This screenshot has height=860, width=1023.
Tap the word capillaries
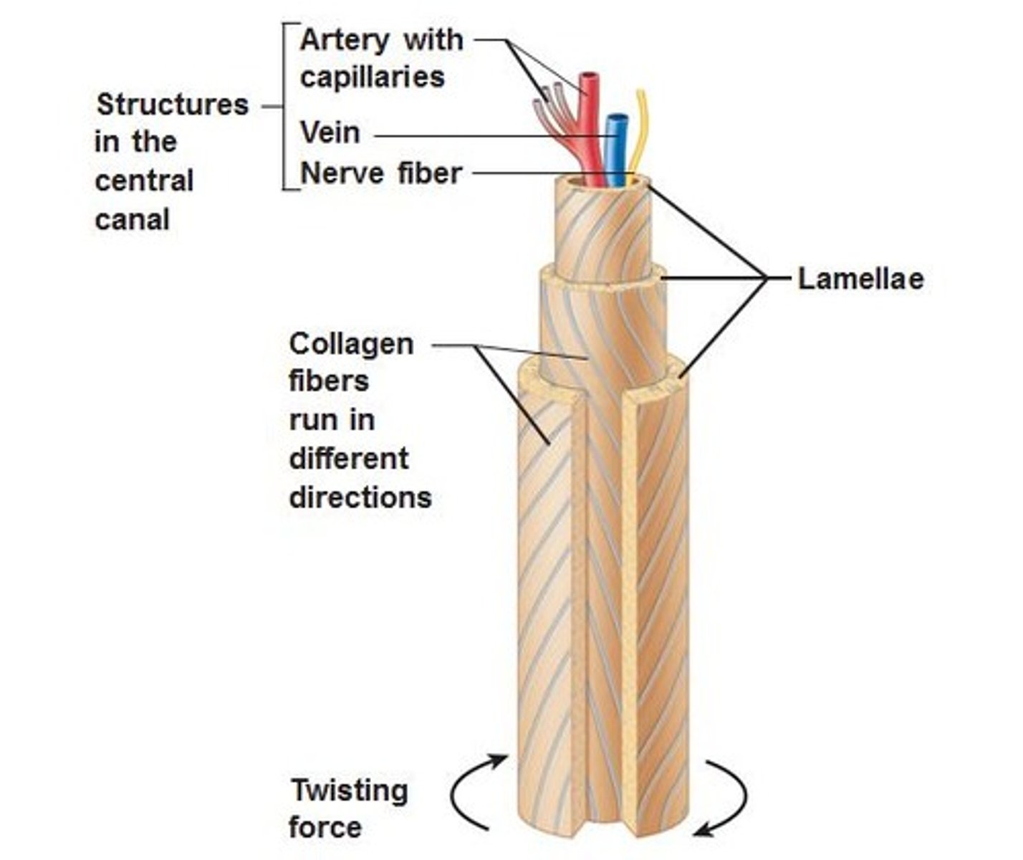[x=372, y=77]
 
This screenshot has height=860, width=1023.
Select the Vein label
[x=330, y=133]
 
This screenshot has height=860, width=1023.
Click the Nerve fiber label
[x=380, y=173]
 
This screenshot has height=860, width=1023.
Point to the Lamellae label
[x=860, y=279]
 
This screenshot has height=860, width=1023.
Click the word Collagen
[x=351, y=344]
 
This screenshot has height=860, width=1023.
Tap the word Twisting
[x=349, y=791]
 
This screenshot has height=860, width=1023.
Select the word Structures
[x=172, y=105]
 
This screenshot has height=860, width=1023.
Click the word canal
[x=132, y=219]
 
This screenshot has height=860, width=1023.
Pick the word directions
[x=360, y=497]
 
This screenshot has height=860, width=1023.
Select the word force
[x=325, y=828]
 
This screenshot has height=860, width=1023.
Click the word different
[x=348, y=459]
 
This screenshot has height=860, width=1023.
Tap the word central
[x=144, y=181]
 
